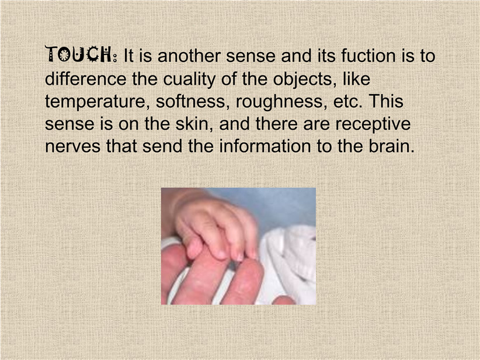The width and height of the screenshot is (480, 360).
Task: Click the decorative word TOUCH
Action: coord(79,54)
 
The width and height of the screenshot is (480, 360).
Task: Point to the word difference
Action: coord(85,79)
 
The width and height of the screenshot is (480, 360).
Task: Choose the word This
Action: coord(386,102)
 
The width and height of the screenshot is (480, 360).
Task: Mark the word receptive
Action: coord(373,124)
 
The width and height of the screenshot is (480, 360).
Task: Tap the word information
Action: coord(265,146)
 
